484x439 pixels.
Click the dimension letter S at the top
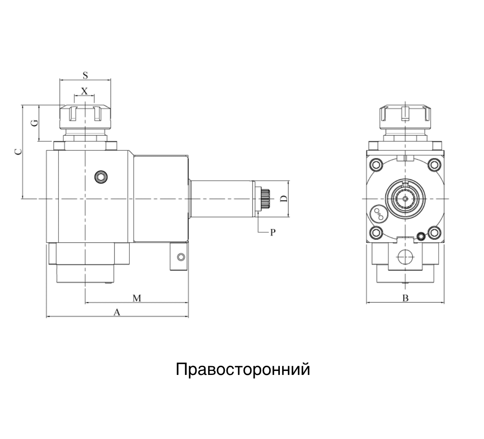pos(85,75)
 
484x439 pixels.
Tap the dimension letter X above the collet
pos(84,91)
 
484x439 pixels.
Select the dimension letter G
pos(35,123)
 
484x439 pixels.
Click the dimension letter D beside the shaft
pos(283,199)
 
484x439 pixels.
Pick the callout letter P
pos(273,232)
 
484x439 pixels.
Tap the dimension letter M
pos(137,298)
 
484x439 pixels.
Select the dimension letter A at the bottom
pos(117,312)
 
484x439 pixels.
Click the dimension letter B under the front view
pos(405,298)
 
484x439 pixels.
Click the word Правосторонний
pos(243,369)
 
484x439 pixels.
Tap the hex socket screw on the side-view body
pos(101,177)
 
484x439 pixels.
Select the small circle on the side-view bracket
pos(181,257)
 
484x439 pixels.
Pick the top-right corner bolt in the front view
pos(434,164)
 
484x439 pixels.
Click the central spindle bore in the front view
pos(405,198)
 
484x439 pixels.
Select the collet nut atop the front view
pos(405,116)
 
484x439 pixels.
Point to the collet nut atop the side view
pos(85,116)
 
